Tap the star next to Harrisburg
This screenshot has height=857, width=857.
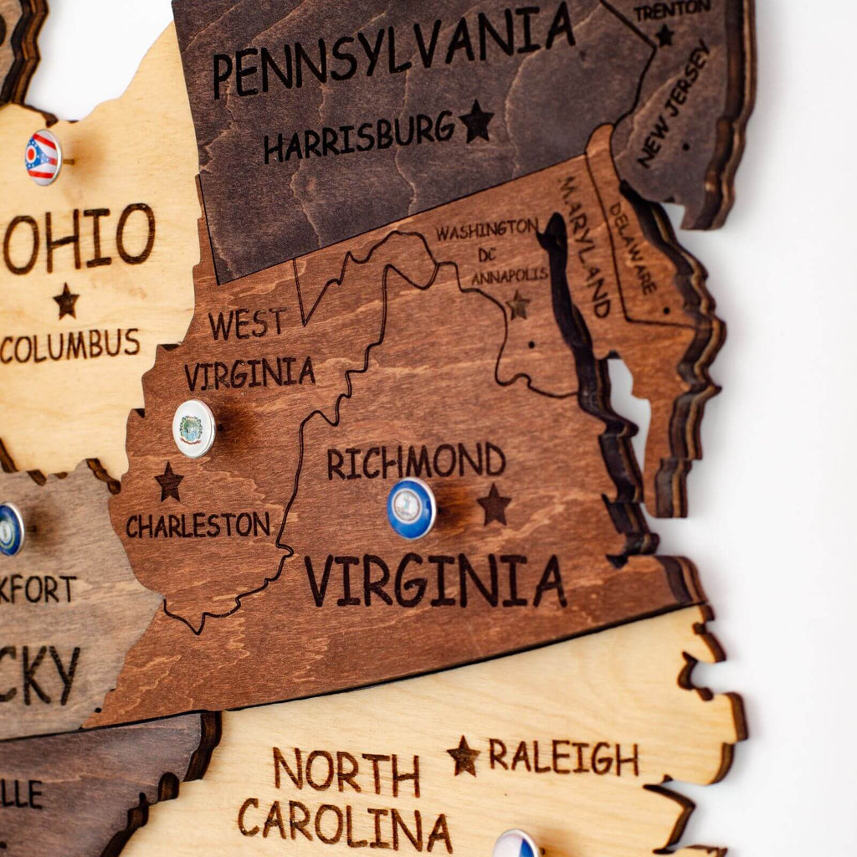pyautogui.click(x=476, y=121)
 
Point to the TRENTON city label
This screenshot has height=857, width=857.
pyautogui.click(x=671, y=11)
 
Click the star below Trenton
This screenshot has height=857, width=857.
pyautogui.click(x=665, y=36)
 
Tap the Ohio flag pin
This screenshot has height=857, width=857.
pyautogui.click(x=43, y=157)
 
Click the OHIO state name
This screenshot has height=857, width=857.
pyautogui.click(x=80, y=237)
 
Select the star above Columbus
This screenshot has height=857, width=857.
pyautogui.click(x=66, y=300)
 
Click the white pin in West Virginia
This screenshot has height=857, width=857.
pyautogui.click(x=194, y=428)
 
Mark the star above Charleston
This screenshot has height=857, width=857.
pyautogui.click(x=169, y=482)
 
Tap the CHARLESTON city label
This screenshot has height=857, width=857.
pyautogui.click(x=198, y=525)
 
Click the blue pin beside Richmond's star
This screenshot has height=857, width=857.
pyautogui.click(x=411, y=508)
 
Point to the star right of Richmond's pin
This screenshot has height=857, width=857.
pyautogui.click(x=494, y=505)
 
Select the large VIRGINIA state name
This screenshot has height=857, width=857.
pyautogui.click(x=434, y=579)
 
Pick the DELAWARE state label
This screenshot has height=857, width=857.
pyautogui.click(x=632, y=247)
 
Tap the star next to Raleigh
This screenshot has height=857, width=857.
pyautogui.click(x=464, y=756)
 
